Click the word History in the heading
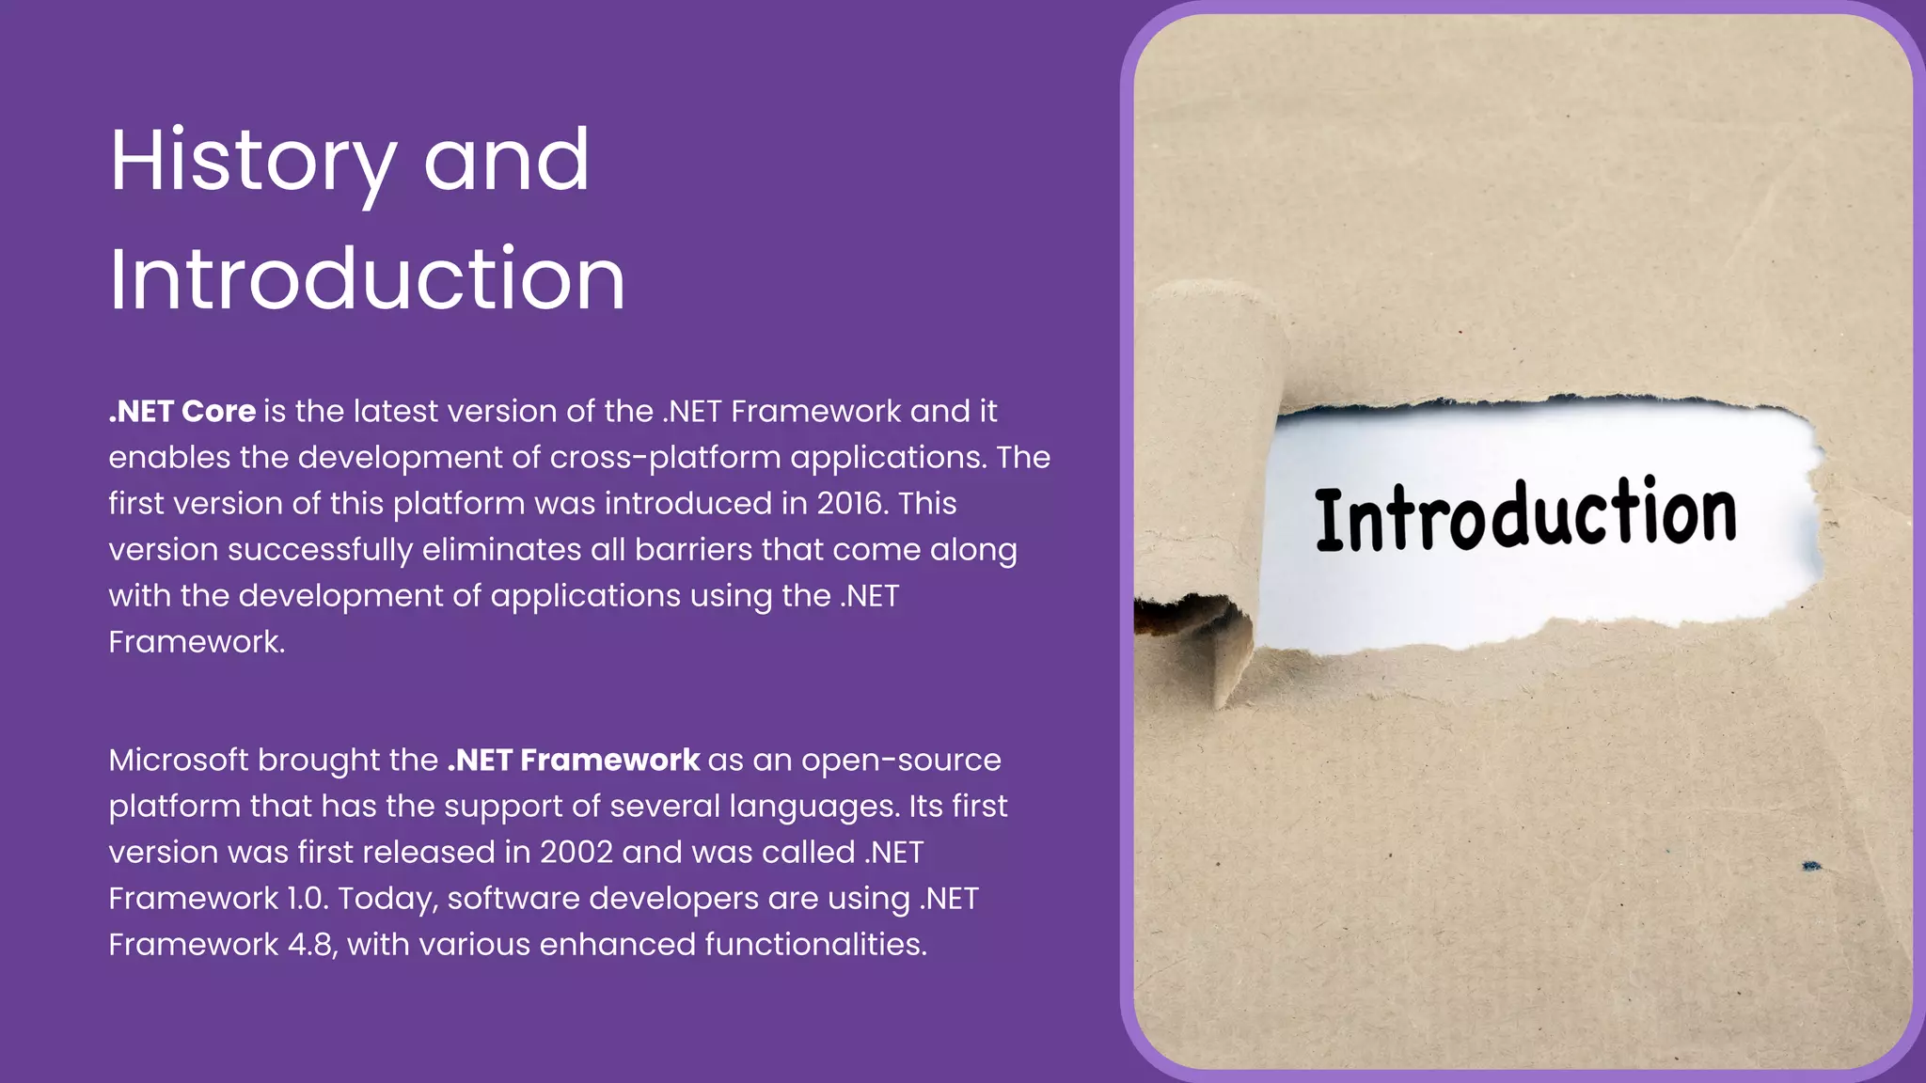pyautogui.click(x=252, y=162)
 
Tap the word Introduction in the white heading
pyautogui.click(x=367, y=279)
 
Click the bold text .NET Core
pyautogui.click(x=182, y=412)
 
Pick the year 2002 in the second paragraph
pyautogui.click(x=576, y=853)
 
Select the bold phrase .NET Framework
pyautogui.click(x=574, y=761)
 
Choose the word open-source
pyautogui.click(x=901, y=761)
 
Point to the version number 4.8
pyautogui.click(x=310, y=945)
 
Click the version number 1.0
pyautogui.click(x=308, y=899)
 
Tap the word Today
pyautogui.click(x=387, y=899)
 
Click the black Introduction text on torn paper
pyautogui.click(x=1525, y=514)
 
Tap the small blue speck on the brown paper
pyautogui.click(x=1811, y=866)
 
